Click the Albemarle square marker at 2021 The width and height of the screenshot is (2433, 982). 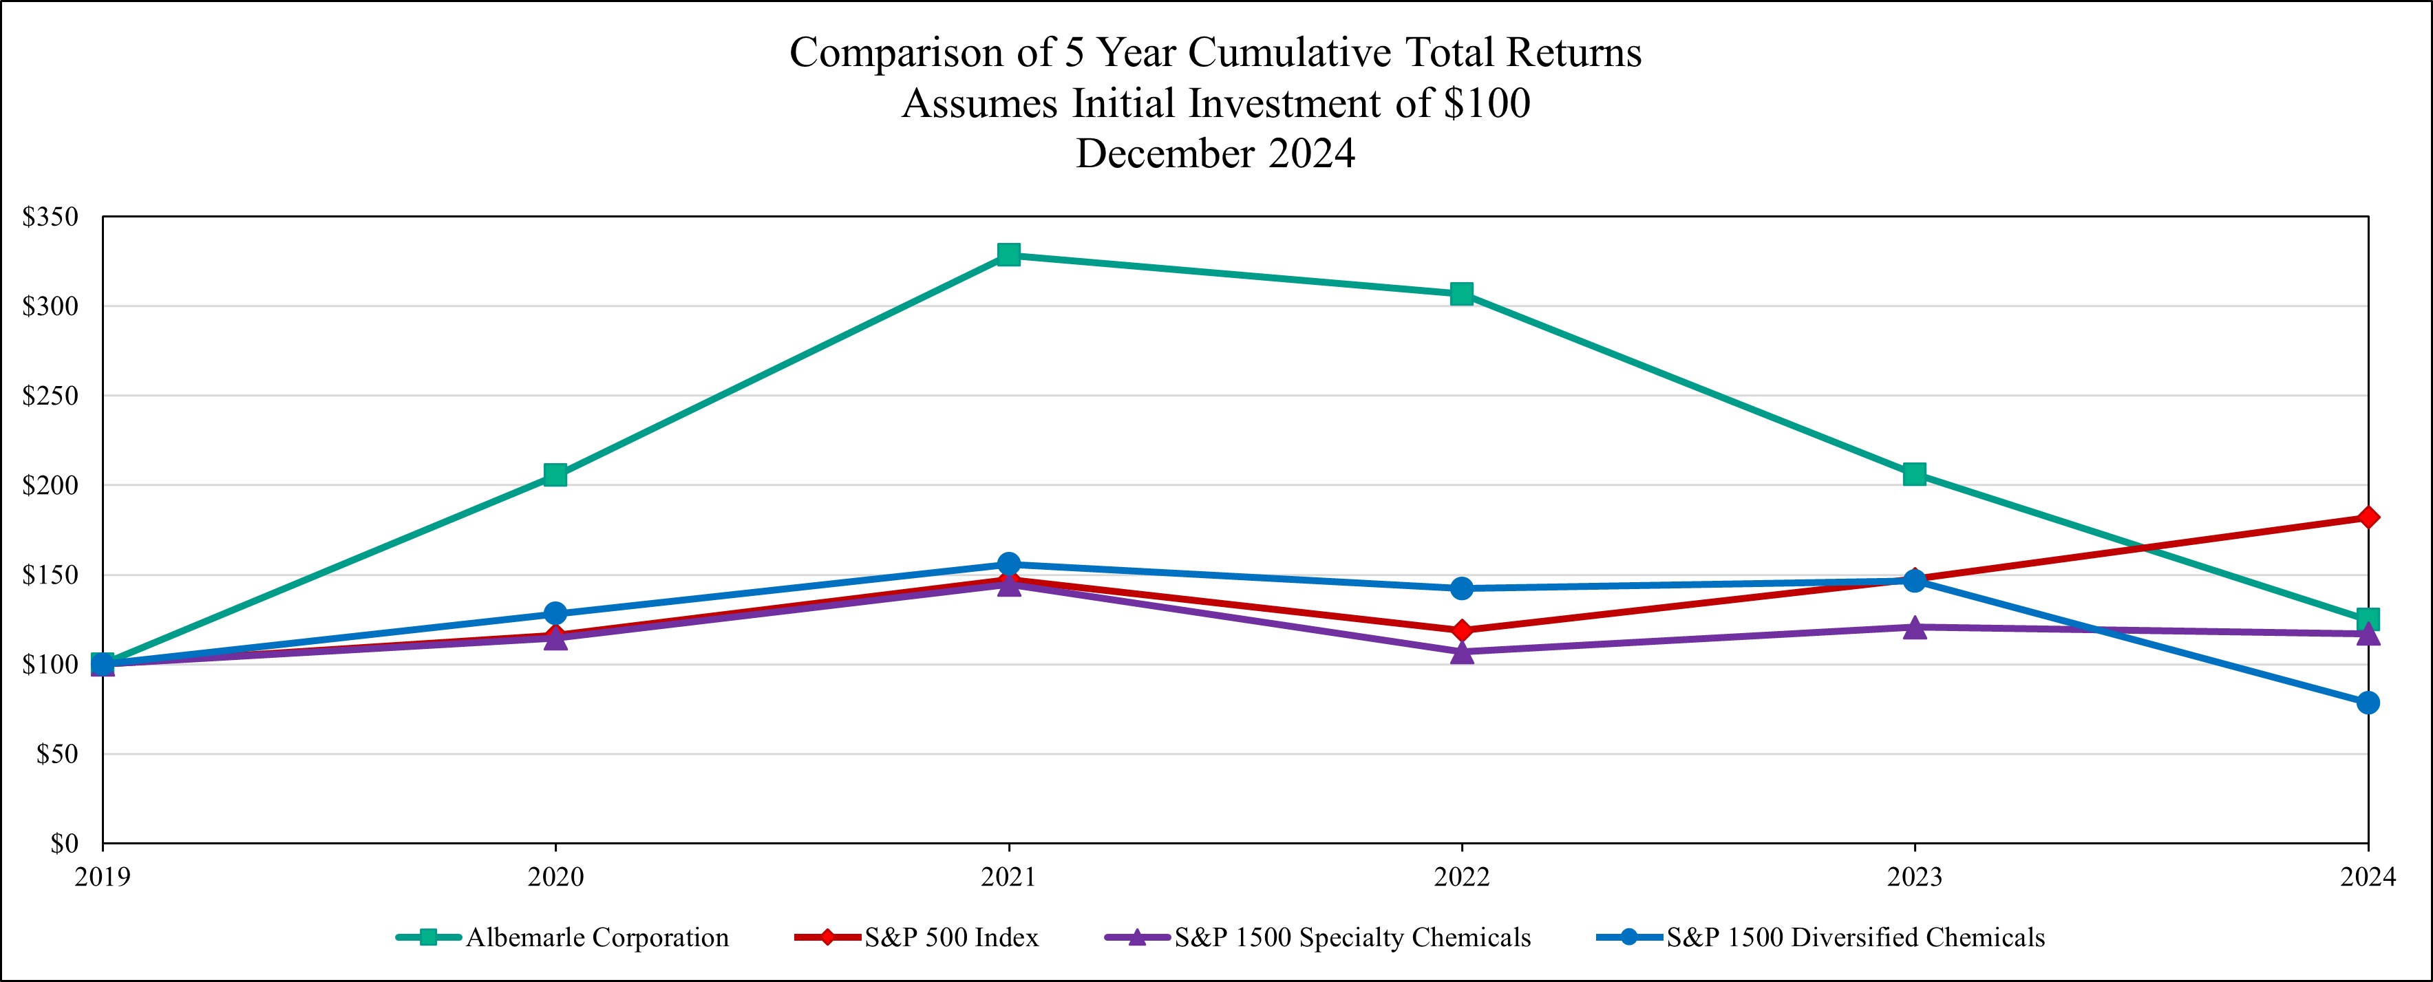pyautogui.click(x=1009, y=255)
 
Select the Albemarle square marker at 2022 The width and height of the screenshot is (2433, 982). pyautogui.click(x=1461, y=294)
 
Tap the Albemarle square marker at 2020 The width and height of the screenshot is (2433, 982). pyautogui.click(x=555, y=475)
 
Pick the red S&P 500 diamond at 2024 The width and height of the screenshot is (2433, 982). pyautogui.click(x=2368, y=517)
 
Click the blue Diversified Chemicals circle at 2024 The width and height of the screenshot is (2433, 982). pyautogui.click(x=2368, y=703)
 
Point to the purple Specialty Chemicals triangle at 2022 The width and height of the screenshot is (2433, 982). pyautogui.click(x=1461, y=652)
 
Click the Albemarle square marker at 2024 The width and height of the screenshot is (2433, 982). pyautogui.click(x=2368, y=619)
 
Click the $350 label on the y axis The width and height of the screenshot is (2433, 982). pyautogui.click(x=50, y=217)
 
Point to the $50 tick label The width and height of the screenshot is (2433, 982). pyautogui.click(x=56, y=754)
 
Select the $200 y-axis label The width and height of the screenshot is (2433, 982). pyautogui.click(x=50, y=485)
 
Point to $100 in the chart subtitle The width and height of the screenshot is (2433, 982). pyautogui.click(x=1487, y=103)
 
